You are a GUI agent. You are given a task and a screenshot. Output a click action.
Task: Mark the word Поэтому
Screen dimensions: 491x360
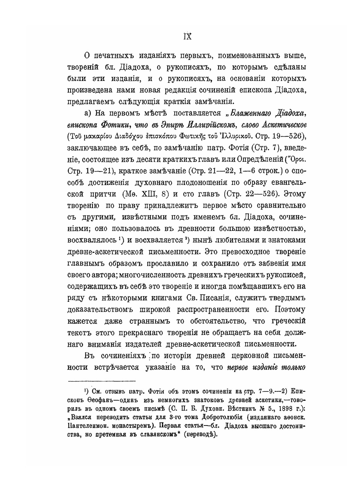coord(290,309)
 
